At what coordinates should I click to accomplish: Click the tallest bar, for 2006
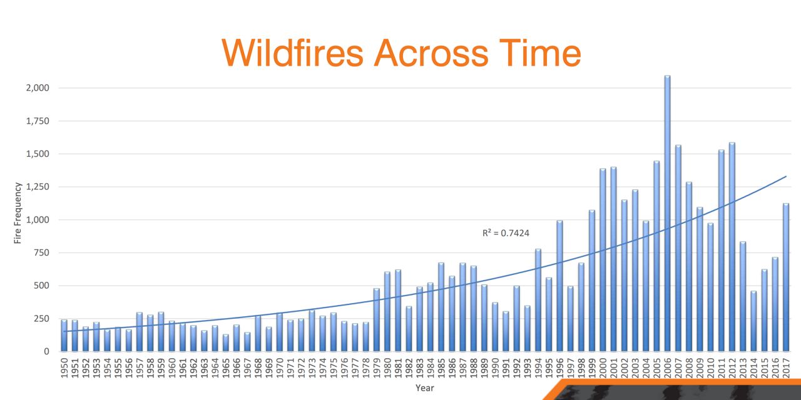click(x=667, y=213)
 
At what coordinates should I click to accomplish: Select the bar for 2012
click(x=732, y=247)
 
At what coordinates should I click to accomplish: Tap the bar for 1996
click(x=559, y=286)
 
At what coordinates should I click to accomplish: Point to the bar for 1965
click(x=226, y=343)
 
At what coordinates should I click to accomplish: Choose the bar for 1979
click(x=377, y=319)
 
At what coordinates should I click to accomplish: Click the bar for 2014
click(x=753, y=321)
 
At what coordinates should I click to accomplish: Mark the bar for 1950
click(x=64, y=336)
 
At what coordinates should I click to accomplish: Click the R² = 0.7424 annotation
click(x=506, y=233)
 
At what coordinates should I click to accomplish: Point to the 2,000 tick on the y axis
click(x=38, y=88)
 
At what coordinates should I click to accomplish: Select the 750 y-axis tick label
click(x=41, y=253)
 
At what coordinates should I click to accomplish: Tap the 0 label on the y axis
click(x=46, y=352)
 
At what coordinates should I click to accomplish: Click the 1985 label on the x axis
click(x=441, y=368)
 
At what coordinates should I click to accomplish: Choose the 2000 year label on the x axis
click(x=603, y=368)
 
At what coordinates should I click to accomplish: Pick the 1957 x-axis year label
click(x=140, y=368)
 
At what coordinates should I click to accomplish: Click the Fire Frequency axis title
click(x=18, y=213)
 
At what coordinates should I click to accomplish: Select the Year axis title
click(x=425, y=388)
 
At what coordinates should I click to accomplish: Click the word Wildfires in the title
click(x=292, y=53)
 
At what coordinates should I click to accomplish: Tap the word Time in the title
click(x=540, y=53)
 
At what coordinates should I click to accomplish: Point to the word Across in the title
click(x=431, y=53)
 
